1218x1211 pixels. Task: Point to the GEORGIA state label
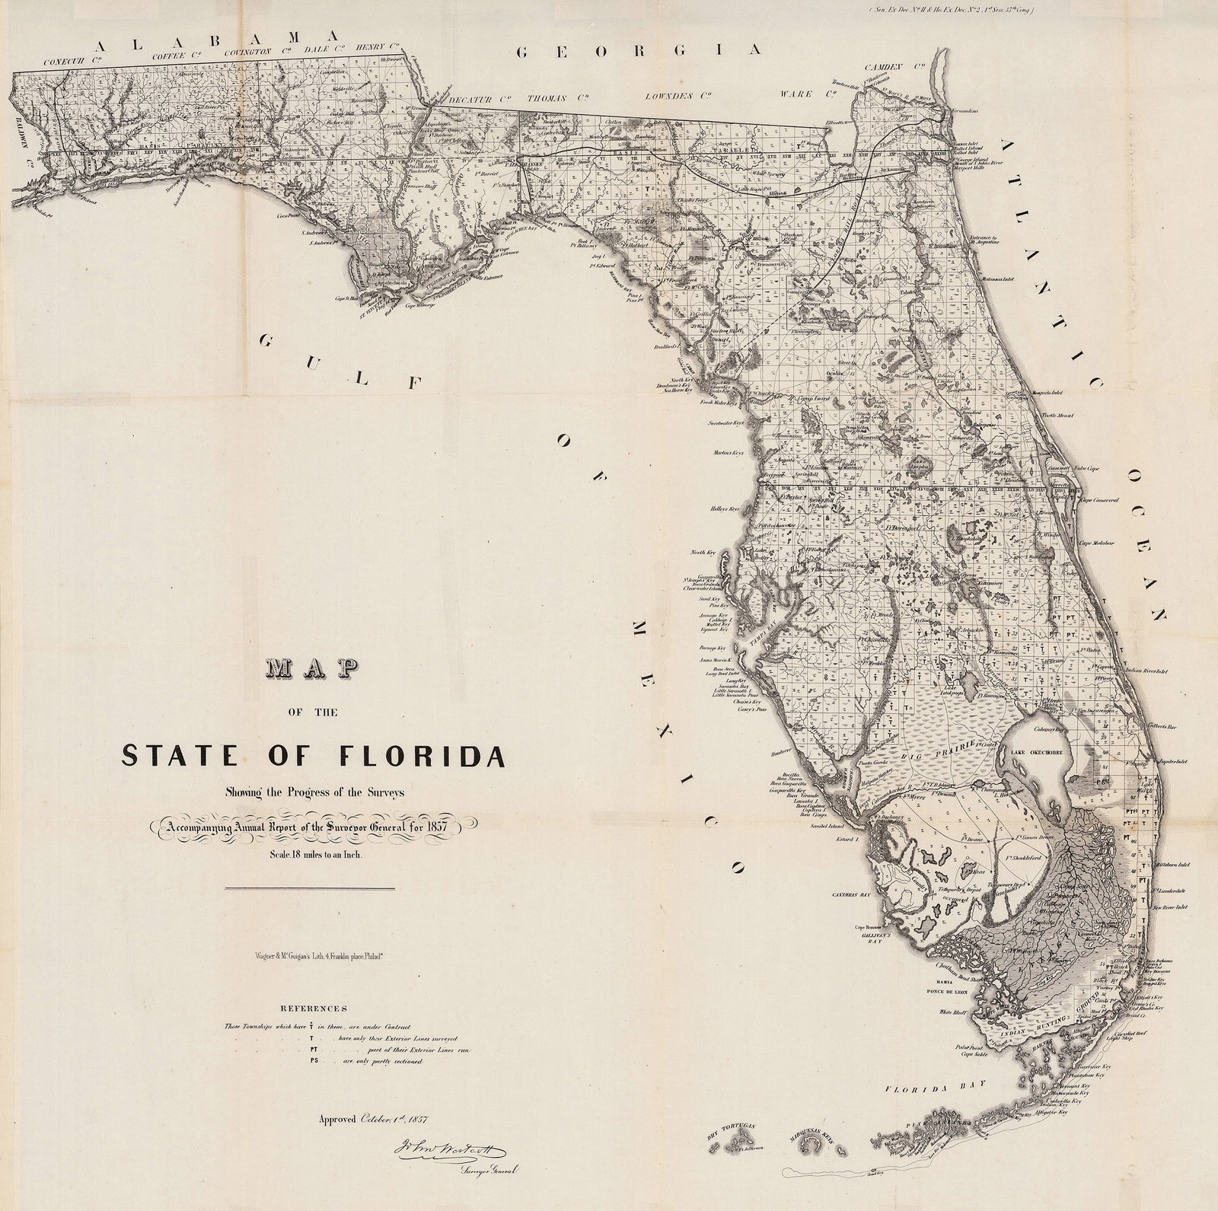click(639, 51)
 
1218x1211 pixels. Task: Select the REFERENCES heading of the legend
click(313, 1007)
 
